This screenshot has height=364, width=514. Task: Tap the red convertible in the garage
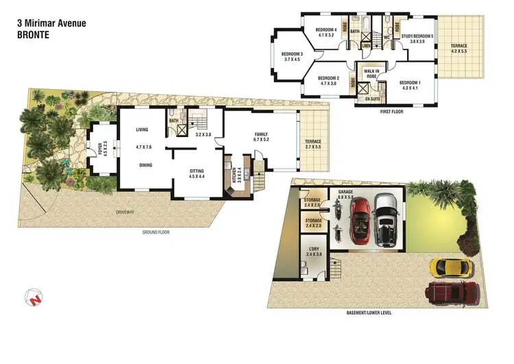point(360,221)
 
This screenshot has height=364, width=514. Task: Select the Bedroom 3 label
point(292,56)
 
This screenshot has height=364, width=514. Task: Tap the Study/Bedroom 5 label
point(417,38)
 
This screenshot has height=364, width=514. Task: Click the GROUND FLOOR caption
point(155,232)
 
